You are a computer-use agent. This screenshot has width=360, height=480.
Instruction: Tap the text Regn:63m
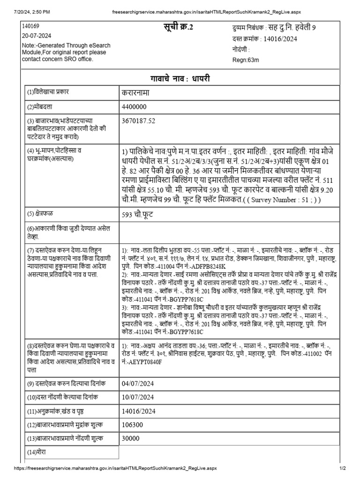(247, 60)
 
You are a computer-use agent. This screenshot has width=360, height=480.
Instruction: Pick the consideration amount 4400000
(134, 107)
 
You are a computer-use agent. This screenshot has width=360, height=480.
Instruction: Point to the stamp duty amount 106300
(132, 425)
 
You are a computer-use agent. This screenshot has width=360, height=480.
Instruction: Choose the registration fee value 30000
(130, 439)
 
